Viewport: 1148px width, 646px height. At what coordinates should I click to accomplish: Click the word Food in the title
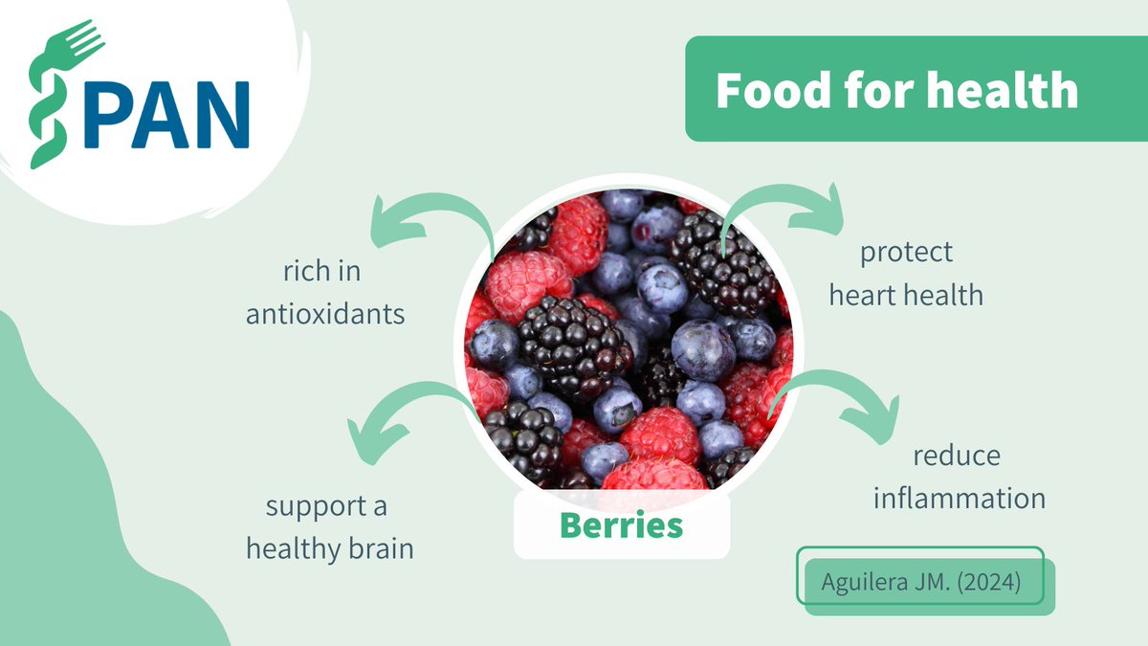pos(766,91)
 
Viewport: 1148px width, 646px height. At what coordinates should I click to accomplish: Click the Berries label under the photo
pos(621,524)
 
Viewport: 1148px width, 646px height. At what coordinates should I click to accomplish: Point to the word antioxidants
pos(326,314)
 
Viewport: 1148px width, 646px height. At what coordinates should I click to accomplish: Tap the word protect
pos(906,253)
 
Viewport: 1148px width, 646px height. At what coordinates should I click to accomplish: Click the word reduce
pos(956,456)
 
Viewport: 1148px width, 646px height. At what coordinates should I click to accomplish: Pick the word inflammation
pos(959,498)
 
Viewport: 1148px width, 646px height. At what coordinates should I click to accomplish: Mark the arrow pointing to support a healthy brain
pos(392,412)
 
